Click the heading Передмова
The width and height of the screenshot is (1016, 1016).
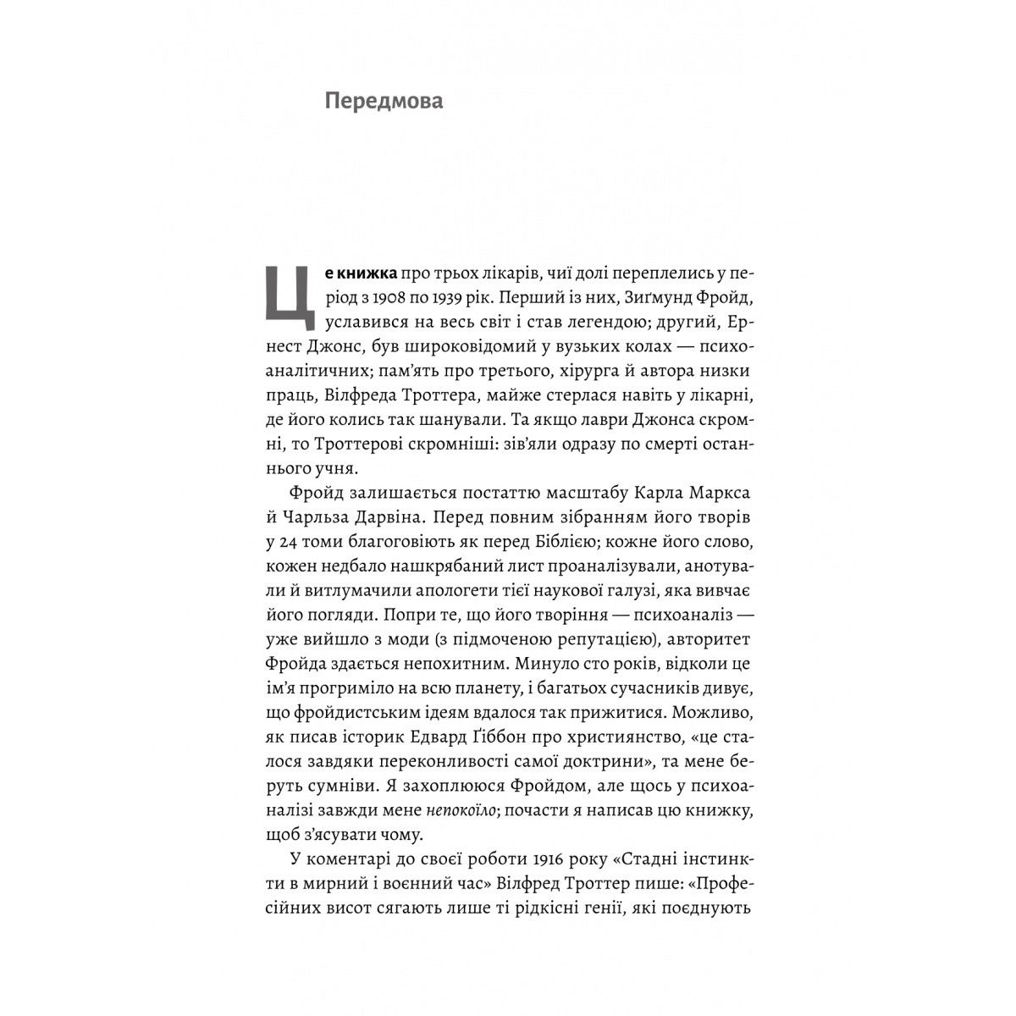click(384, 102)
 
